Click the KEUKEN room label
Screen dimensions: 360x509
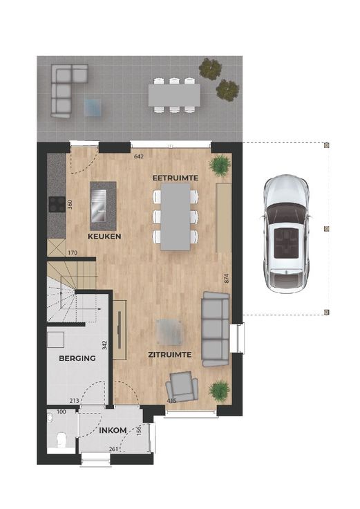point(104,237)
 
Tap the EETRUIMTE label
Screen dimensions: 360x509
point(176,178)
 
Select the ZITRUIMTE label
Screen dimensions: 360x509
point(169,355)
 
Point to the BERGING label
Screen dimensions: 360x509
point(77,358)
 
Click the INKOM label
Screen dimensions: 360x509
point(113,430)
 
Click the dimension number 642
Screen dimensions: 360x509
point(139,156)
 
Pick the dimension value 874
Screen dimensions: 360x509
point(227,279)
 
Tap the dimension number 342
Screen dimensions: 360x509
point(104,344)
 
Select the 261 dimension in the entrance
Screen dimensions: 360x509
point(113,449)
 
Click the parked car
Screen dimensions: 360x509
point(286,234)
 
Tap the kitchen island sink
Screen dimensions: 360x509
point(100,205)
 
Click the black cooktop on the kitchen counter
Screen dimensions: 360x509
point(57,205)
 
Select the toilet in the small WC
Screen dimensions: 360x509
point(61,439)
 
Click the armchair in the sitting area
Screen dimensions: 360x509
point(182,387)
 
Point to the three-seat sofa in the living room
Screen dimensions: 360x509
point(216,329)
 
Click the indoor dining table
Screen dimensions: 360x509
point(176,217)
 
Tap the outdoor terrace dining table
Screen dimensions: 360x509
point(174,95)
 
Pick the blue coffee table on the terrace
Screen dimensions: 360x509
point(93,107)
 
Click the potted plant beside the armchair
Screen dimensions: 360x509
point(220,392)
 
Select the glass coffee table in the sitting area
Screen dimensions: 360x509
point(169,332)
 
